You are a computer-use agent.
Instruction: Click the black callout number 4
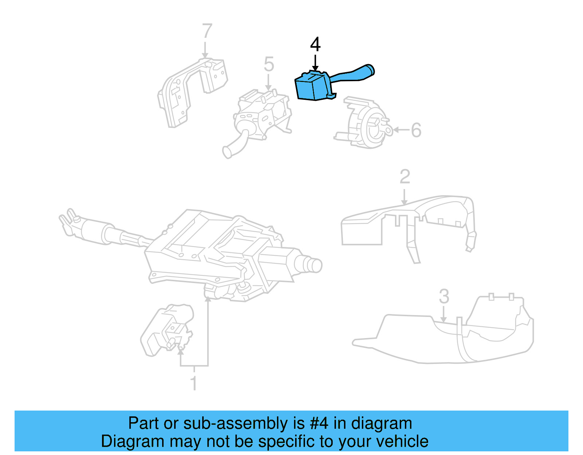[315, 44]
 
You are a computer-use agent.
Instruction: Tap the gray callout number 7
[207, 31]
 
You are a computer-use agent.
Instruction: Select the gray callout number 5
[269, 64]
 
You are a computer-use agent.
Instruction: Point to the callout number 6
[416, 130]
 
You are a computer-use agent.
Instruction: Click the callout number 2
[405, 177]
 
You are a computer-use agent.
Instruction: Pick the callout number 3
[444, 296]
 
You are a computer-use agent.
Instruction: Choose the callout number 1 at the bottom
[194, 384]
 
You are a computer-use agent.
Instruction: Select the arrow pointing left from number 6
[401, 130]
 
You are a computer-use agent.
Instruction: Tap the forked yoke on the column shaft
[67, 220]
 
